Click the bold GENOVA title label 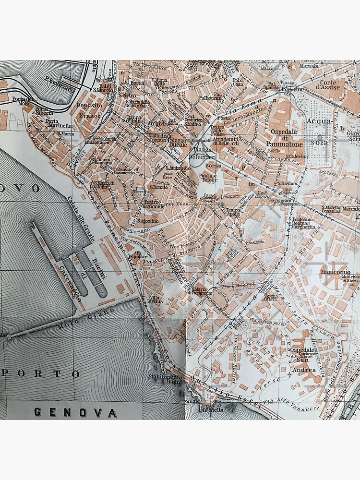pos(75,412)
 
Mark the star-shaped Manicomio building pos(335,276)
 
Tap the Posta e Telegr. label pos(209,178)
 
